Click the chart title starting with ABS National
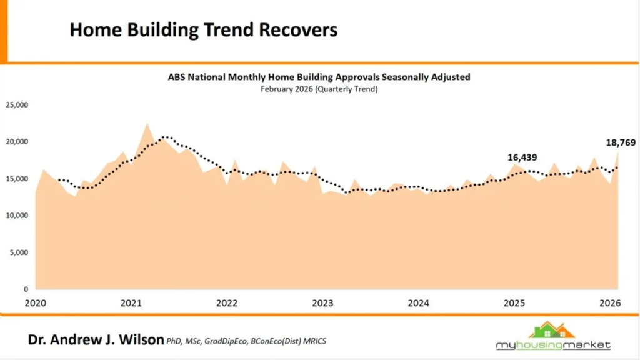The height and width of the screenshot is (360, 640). (319, 77)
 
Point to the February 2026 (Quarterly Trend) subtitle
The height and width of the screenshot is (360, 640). (319, 89)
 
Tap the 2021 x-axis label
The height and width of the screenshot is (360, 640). (131, 304)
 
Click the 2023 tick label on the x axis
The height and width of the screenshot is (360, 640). (322, 304)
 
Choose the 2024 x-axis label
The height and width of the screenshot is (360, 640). (418, 304)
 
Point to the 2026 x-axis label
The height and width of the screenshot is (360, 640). (609, 304)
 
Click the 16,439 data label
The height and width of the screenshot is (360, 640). (522, 157)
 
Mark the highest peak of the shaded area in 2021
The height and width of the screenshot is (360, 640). (147, 124)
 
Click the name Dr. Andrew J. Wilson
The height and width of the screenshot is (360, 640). (96, 340)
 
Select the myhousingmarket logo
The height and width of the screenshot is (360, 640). (553, 337)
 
